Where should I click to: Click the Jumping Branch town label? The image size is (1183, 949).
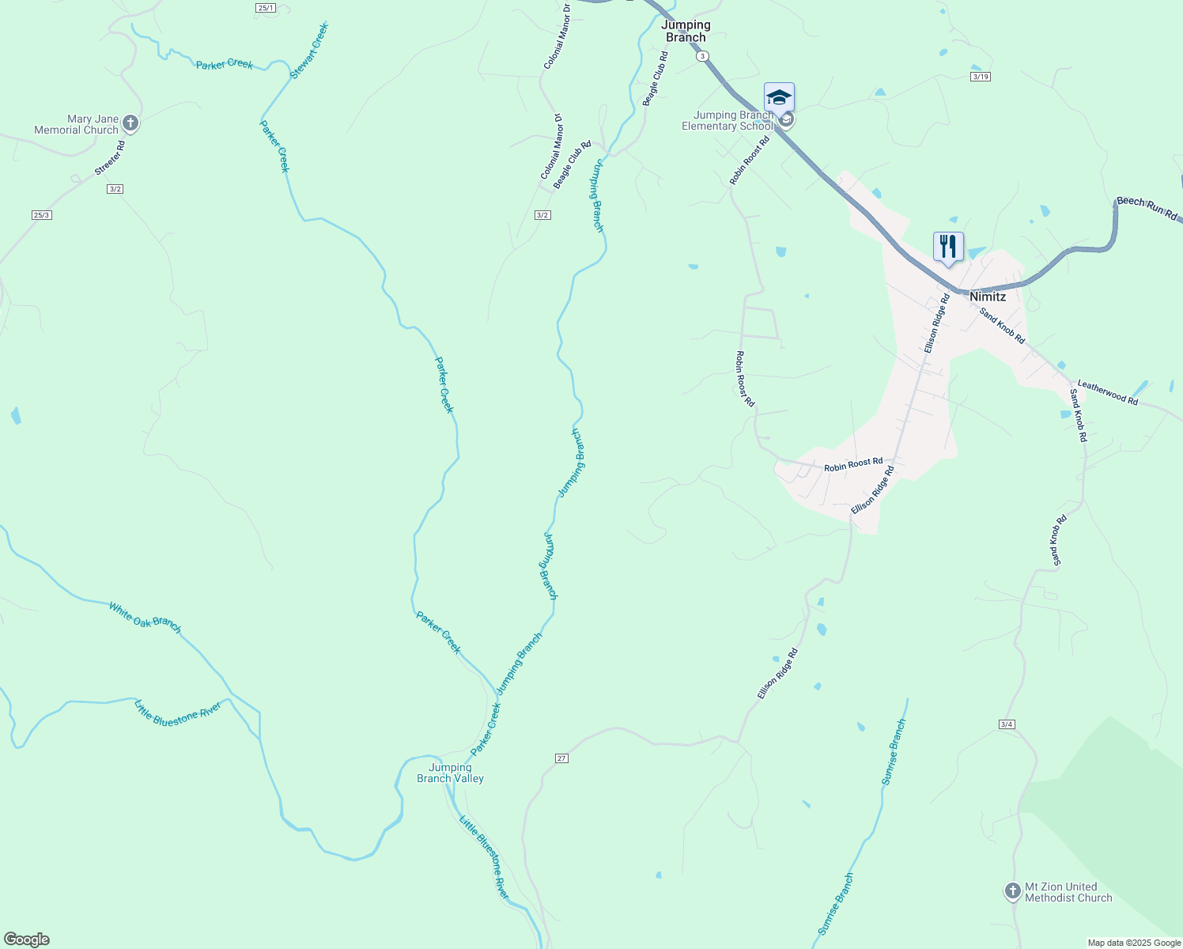[x=686, y=31]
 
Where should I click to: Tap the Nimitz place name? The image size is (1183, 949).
[x=988, y=297]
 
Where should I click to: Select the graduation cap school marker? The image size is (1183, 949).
[x=779, y=98]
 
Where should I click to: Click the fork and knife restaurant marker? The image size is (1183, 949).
[x=948, y=246]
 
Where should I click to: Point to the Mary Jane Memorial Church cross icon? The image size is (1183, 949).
[x=131, y=123]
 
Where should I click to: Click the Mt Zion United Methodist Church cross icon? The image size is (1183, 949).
[x=1012, y=891]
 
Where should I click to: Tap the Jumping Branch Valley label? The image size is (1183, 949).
[x=450, y=773]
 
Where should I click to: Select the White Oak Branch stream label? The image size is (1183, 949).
[x=146, y=618]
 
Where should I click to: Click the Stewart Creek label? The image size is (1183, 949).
[x=309, y=51]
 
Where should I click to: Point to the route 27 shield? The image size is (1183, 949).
[x=561, y=758]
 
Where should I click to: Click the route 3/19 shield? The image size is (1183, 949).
[x=981, y=77]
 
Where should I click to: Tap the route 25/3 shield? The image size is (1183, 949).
[x=42, y=215]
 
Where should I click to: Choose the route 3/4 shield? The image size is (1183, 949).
[x=1007, y=724]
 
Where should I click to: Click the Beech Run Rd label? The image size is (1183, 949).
[x=1147, y=209]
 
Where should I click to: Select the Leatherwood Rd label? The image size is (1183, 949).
[x=1107, y=393]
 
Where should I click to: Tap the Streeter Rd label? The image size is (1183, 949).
[x=110, y=158]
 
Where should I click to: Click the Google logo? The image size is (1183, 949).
[x=26, y=940]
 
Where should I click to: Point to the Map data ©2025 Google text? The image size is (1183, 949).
[x=1134, y=943]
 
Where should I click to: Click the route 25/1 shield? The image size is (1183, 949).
[x=266, y=8]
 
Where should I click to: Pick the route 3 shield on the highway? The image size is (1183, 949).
[x=702, y=56]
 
